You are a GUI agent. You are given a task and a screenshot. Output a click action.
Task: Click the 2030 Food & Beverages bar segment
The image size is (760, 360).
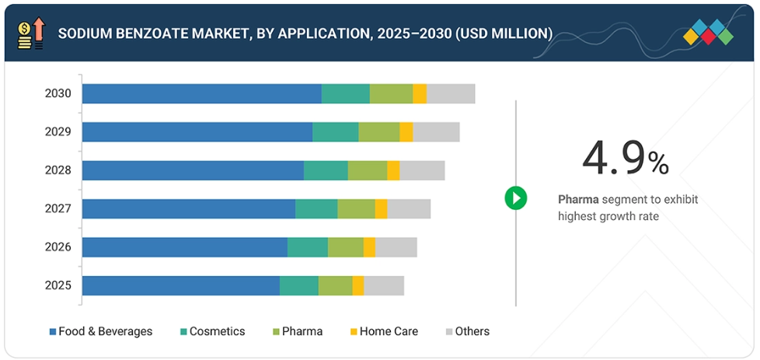tap(202, 93)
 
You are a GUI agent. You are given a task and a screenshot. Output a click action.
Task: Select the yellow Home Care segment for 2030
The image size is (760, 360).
tap(420, 93)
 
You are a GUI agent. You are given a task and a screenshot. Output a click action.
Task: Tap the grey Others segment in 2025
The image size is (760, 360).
tap(384, 285)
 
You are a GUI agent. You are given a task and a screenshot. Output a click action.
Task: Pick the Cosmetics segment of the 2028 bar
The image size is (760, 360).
tap(326, 170)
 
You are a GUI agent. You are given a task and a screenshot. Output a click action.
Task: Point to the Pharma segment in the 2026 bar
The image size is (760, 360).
tap(346, 247)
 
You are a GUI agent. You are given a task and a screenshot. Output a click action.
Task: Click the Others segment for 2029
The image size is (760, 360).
tap(436, 132)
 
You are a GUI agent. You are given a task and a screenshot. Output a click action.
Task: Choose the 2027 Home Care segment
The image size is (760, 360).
tap(381, 208)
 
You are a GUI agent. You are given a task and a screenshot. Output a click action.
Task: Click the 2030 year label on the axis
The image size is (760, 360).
tap(58, 93)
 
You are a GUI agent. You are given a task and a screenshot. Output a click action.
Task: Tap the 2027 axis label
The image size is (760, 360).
tap(58, 208)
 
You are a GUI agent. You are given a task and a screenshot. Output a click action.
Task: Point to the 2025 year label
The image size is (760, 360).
tap(58, 285)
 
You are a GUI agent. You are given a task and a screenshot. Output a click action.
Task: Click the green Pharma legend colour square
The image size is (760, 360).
tap(275, 332)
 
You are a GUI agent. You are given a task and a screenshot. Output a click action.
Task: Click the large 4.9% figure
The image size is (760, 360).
tap(625, 159)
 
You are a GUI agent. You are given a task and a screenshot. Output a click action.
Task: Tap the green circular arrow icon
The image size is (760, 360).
tap(516, 197)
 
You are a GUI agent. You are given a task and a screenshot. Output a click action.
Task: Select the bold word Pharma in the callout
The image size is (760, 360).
tap(578, 200)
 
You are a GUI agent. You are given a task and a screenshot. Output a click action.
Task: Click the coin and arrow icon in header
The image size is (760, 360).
tap(31, 33)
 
